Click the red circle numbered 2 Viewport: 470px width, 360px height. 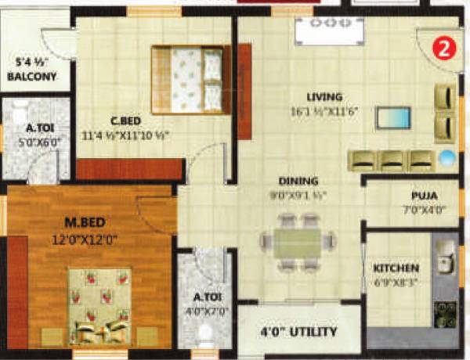pyautogui.click(x=443, y=49)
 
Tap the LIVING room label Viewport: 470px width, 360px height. pyautogui.click(x=324, y=97)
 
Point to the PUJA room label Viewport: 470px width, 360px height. pyautogui.click(x=424, y=196)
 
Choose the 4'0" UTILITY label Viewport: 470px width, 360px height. pyautogui.click(x=299, y=332)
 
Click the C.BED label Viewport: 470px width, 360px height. pyautogui.click(x=125, y=121)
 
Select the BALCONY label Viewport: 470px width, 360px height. pyautogui.click(x=31, y=77)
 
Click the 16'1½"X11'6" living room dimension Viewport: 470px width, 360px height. pyautogui.click(x=325, y=112)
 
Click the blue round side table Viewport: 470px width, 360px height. pyautogui.click(x=446, y=157)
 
